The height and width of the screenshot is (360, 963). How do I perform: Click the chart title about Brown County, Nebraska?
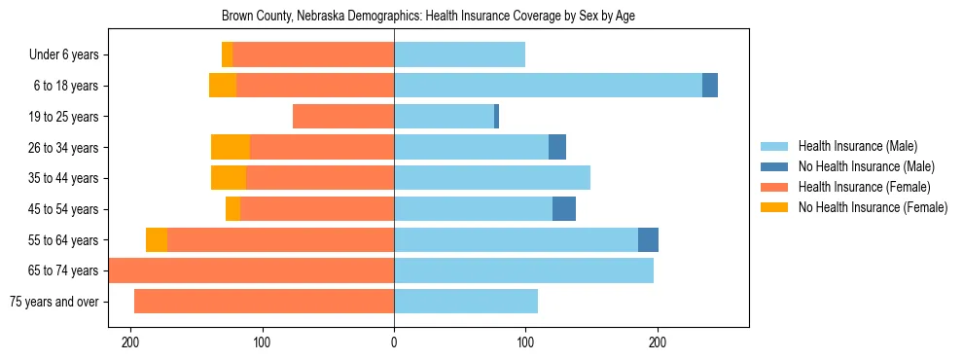pyautogui.click(x=428, y=17)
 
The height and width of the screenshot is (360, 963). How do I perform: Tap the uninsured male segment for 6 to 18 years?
pyautogui.click(x=710, y=86)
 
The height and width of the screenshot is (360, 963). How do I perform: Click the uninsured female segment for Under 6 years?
pyautogui.click(x=227, y=54)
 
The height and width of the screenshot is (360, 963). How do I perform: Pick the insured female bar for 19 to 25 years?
pyautogui.click(x=343, y=117)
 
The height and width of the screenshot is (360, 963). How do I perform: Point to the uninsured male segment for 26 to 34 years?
pyautogui.click(x=557, y=147)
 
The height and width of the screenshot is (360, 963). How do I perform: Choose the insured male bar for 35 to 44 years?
pyautogui.click(x=492, y=178)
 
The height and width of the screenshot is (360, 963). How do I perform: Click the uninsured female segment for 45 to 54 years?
pyautogui.click(x=232, y=209)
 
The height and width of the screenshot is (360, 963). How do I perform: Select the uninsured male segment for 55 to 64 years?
pyautogui.click(x=648, y=239)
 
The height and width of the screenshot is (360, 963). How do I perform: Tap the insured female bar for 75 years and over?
pyautogui.click(x=264, y=302)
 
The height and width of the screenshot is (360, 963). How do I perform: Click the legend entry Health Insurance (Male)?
pyautogui.click(x=857, y=146)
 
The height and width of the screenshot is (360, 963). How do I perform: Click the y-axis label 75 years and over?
pyautogui.click(x=53, y=302)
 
